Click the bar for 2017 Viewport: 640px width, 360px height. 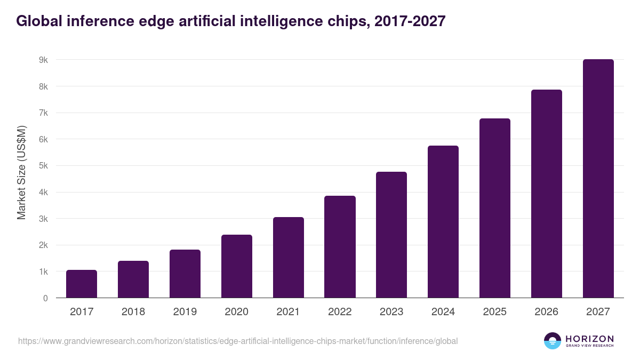click(x=82, y=284)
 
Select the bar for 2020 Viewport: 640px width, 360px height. click(x=237, y=266)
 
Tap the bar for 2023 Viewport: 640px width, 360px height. click(x=391, y=235)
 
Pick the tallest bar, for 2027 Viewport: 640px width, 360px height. click(x=598, y=179)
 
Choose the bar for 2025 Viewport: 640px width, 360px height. click(x=495, y=208)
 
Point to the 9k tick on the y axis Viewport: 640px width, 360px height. click(x=43, y=60)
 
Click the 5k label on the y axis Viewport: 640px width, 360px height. click(x=43, y=166)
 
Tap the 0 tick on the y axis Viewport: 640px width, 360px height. click(x=45, y=298)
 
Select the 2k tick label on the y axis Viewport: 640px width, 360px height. click(x=43, y=245)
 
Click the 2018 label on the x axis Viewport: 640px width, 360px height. click(x=133, y=312)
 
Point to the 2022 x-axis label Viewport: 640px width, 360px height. click(x=340, y=312)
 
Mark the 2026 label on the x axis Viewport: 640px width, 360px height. click(x=546, y=312)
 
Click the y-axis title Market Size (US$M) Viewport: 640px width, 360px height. click(x=22, y=172)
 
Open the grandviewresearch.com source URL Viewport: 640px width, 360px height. click(x=238, y=341)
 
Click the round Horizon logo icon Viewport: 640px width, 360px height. click(x=553, y=341)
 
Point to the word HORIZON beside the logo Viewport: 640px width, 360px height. click(x=589, y=339)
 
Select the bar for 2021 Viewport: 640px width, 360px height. click(x=289, y=258)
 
